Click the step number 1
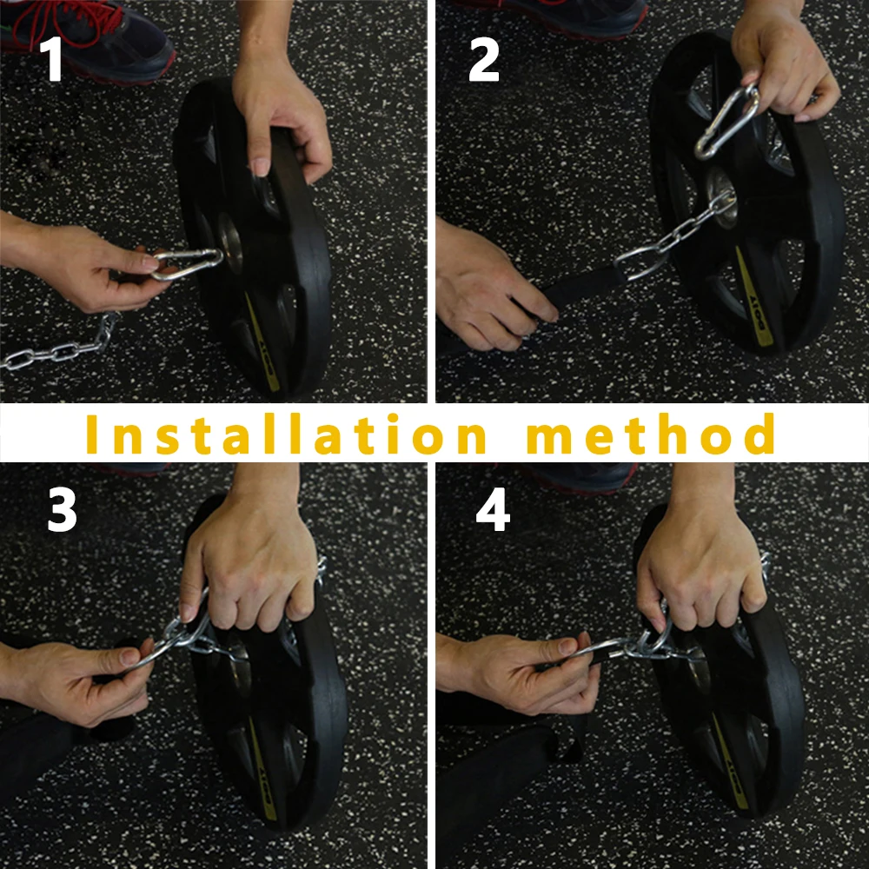point(52,59)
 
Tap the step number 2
point(484,59)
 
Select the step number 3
point(62,509)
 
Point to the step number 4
point(493,510)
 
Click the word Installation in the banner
point(286,434)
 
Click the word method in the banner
point(651,434)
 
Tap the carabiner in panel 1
point(186,264)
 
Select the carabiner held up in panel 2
point(727,122)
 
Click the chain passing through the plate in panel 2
point(674,235)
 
